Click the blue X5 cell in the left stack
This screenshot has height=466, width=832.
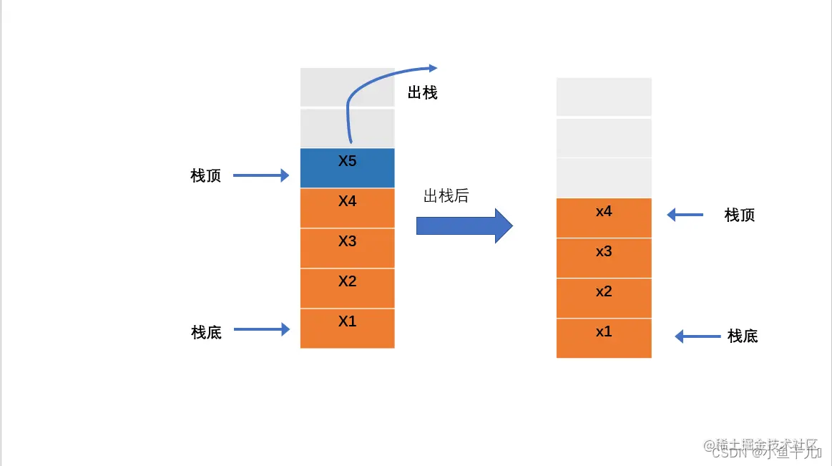tap(347, 168)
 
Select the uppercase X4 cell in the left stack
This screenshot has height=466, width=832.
tap(347, 208)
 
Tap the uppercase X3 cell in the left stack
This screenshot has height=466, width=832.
tap(347, 248)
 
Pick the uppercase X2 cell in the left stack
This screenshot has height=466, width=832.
tap(347, 288)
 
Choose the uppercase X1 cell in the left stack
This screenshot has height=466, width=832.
tap(347, 328)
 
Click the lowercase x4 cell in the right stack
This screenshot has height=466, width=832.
tap(604, 218)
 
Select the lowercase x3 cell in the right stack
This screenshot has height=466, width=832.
tap(604, 258)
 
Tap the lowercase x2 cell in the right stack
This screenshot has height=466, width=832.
tap(604, 298)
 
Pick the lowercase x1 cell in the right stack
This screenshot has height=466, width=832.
tap(604, 338)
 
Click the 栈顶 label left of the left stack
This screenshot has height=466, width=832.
tap(206, 175)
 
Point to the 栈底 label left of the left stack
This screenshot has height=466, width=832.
tap(207, 332)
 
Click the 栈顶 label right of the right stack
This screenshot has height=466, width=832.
tap(740, 215)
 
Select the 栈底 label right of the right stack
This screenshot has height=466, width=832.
tap(743, 336)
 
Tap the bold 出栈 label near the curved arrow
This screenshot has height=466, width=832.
tap(422, 93)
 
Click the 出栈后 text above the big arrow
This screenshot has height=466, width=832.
tap(446, 195)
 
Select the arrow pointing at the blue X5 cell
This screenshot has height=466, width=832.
tap(261, 175)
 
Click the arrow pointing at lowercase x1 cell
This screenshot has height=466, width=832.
tap(698, 336)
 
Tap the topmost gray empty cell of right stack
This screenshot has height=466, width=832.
tap(604, 97)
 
